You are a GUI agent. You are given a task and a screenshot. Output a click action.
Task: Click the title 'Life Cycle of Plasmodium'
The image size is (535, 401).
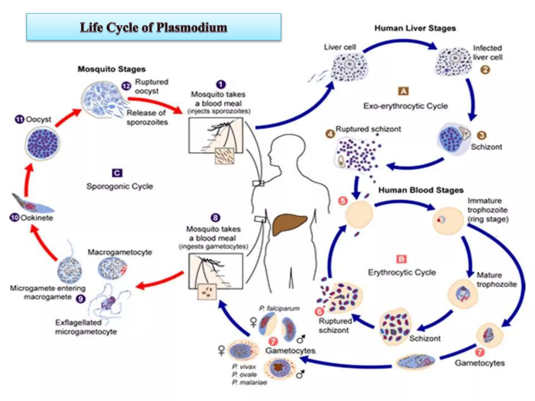pyautogui.click(x=153, y=27)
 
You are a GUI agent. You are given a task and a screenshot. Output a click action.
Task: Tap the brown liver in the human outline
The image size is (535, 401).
pyautogui.click(x=288, y=223)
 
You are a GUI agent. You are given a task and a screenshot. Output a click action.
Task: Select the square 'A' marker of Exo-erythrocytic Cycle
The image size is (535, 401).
pyautogui.click(x=403, y=91)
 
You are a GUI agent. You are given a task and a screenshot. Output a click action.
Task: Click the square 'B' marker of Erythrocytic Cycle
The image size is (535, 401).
pyautogui.click(x=401, y=259)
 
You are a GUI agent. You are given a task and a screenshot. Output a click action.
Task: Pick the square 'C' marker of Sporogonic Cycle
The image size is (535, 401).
pyautogui.click(x=117, y=173)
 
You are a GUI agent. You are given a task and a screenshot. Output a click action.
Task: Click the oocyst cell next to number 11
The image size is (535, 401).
pyautogui.click(x=43, y=144)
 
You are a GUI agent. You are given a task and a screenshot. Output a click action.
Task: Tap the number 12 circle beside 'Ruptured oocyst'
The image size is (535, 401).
pyautogui.click(x=126, y=86)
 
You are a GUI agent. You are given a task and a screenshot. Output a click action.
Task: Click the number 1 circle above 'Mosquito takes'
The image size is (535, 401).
pyautogui.click(x=221, y=84)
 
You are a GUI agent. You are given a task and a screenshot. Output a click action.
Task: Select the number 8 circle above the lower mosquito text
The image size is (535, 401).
pyautogui.click(x=215, y=217)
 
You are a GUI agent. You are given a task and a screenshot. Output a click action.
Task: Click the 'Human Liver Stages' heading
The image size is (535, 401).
pyautogui.click(x=415, y=28)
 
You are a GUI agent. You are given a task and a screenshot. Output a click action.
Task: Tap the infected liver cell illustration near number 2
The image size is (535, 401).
pyautogui.click(x=453, y=62)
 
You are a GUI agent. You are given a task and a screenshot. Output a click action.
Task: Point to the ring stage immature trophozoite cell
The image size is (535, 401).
pyautogui.click(x=448, y=221)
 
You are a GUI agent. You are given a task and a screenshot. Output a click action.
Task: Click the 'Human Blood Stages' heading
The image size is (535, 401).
pyautogui.click(x=421, y=190)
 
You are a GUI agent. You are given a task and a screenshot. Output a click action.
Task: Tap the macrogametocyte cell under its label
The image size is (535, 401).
pyautogui.click(x=113, y=268)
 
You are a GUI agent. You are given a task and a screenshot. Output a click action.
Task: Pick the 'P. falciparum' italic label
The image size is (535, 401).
pyautogui.click(x=279, y=308)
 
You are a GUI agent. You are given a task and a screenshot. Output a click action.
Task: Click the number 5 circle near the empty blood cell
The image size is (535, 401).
pyautogui.click(x=343, y=201)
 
